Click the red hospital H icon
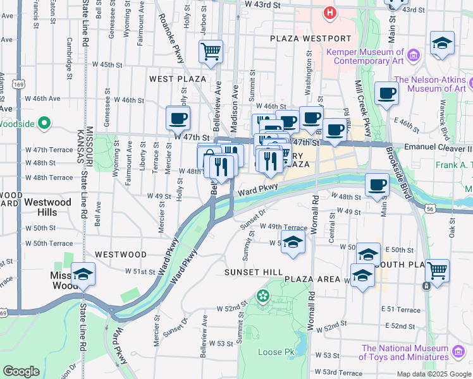coord(329,12)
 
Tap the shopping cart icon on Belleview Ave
coord(211,51)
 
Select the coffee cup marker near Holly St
coord(178,117)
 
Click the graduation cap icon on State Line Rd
coord(82,274)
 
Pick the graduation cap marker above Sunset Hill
coord(292,242)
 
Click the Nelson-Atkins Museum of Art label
coord(433,84)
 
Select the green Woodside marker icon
coord(44,123)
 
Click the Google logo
coord(21,371)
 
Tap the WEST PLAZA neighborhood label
coord(178,79)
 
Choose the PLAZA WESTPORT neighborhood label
coord(301,39)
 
